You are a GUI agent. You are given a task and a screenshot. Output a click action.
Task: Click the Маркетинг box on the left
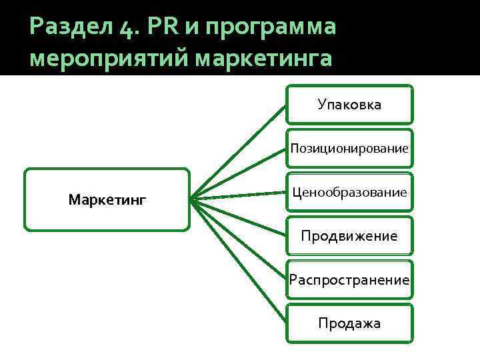pos(107,199)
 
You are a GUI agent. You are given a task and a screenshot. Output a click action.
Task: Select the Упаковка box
pos(349,104)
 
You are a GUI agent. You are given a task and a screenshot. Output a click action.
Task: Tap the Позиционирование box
pos(349,148)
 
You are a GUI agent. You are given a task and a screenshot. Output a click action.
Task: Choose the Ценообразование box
pos(349,192)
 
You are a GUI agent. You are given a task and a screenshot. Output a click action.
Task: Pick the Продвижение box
pos(349,235)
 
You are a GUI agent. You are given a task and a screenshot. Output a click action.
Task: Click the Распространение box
pos(349,279)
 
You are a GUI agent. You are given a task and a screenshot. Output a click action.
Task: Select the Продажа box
pos(349,323)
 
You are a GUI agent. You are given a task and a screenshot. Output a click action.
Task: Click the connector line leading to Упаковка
pos(237,150)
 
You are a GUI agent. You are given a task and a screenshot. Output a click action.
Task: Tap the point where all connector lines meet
pos(191,199)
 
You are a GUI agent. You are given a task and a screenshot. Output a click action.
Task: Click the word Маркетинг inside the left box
pos(107,199)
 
